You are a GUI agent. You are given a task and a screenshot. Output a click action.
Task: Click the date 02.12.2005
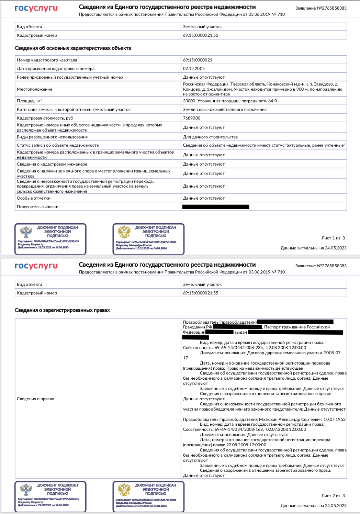(x=194, y=69)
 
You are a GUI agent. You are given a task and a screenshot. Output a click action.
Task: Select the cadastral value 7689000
(x=192, y=118)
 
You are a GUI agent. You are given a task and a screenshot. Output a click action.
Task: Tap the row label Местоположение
(x=35, y=89)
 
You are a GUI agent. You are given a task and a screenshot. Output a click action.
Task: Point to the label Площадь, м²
(x=30, y=101)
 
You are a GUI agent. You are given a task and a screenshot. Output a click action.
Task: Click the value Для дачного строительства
(x=210, y=137)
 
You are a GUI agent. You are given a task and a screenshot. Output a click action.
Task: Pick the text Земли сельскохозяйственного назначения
(x=225, y=110)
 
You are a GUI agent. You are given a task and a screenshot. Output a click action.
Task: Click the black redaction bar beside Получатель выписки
(x=216, y=207)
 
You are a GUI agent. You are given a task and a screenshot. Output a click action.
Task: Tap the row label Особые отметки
(x=34, y=198)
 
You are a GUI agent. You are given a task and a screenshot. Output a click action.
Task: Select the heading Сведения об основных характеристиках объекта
(x=73, y=48)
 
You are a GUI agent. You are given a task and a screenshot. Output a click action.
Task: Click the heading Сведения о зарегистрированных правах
(x=62, y=310)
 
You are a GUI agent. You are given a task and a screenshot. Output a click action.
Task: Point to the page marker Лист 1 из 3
(x=333, y=238)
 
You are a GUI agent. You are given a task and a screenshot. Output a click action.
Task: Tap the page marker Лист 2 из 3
(x=333, y=496)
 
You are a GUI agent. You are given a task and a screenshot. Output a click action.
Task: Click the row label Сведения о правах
(x=35, y=399)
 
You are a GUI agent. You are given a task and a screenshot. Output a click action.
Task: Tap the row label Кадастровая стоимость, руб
(x=45, y=118)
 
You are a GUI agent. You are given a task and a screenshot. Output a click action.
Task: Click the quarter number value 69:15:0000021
(x=198, y=60)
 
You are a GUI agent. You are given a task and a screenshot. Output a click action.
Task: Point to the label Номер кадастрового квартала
(x=47, y=60)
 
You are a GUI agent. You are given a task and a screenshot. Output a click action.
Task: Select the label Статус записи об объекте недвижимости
(x=58, y=145)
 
